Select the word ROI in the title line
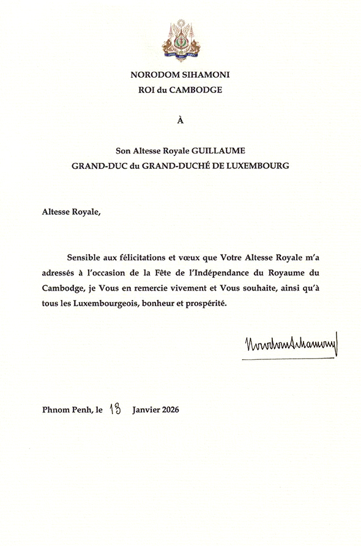click(x=148, y=90)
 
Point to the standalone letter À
click(x=180, y=120)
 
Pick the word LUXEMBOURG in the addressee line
click(x=258, y=165)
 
